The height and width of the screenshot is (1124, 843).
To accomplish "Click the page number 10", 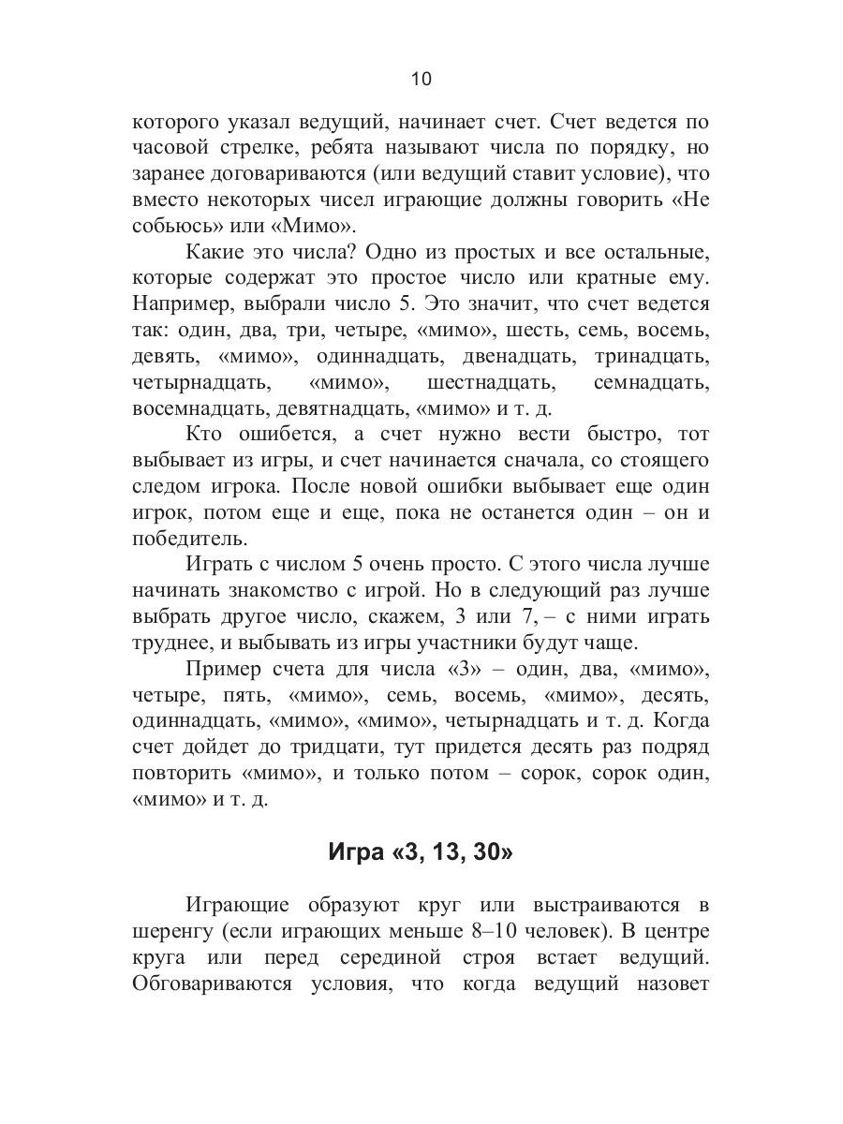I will click(421, 80).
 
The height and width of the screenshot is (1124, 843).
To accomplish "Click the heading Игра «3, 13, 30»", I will click(421, 852).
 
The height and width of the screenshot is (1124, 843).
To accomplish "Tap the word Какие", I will click(219, 253).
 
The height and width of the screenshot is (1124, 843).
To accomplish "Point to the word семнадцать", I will click(651, 384).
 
